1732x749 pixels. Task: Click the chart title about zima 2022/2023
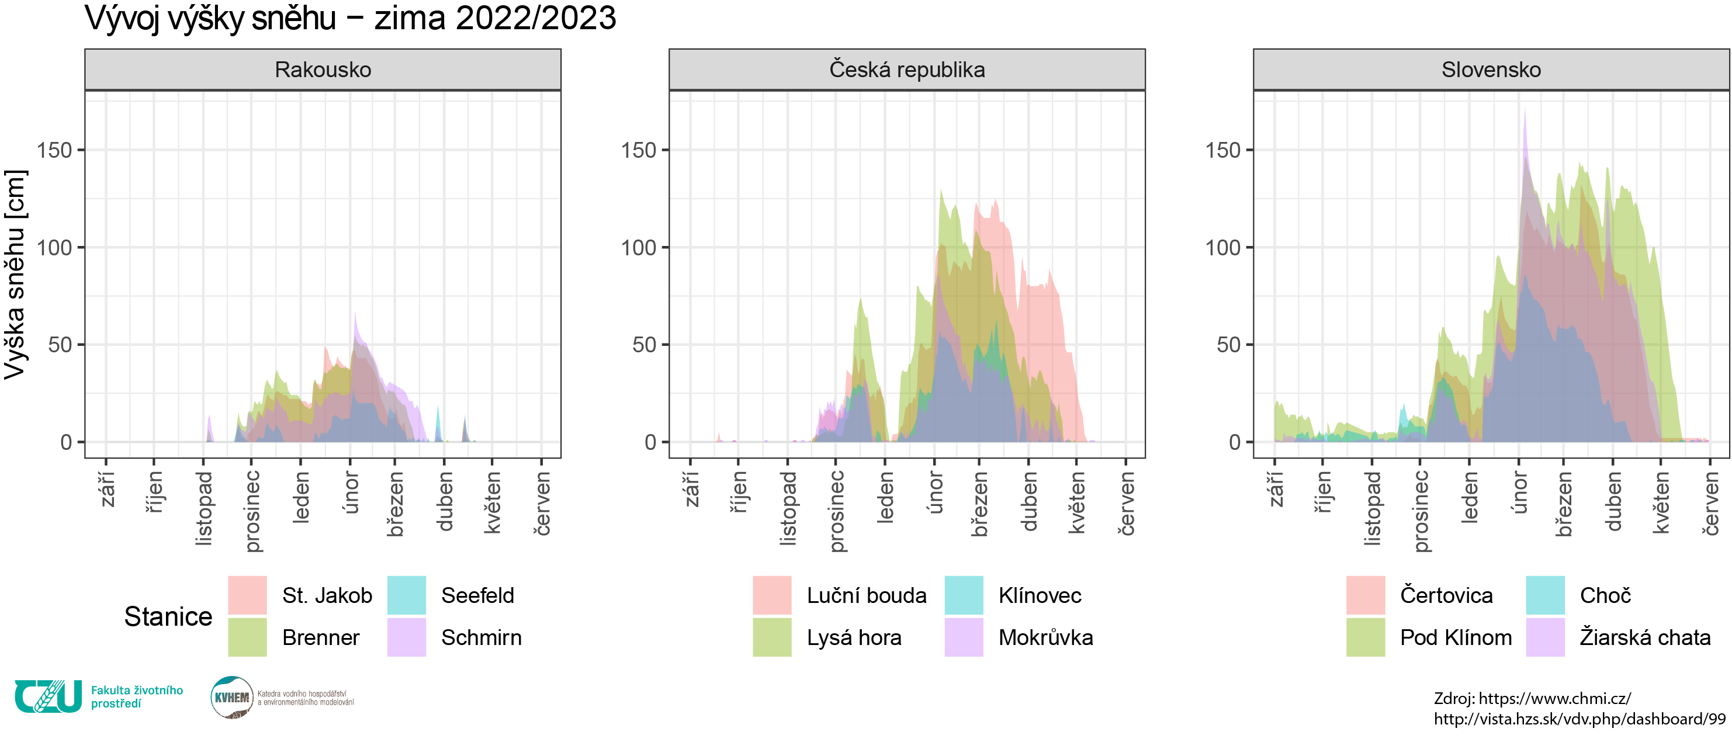coord(349,18)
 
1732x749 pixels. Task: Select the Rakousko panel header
coord(323,70)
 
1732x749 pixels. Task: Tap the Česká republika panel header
coord(906,70)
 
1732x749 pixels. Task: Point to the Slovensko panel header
coord(1491,70)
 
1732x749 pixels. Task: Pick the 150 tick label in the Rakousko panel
coord(54,150)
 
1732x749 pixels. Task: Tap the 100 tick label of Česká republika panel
coord(638,247)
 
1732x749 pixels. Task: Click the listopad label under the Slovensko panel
coord(1371,508)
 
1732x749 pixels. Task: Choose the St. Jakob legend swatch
coord(247,595)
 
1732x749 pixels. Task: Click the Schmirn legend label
coord(481,637)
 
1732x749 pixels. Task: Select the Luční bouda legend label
coord(866,595)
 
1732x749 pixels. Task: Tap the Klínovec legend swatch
coord(964,595)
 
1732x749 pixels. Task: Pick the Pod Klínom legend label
coord(1456,637)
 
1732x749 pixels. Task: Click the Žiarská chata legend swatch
coord(1545,637)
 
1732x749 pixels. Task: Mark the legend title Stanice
coord(168,616)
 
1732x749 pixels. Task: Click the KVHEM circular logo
coord(231,697)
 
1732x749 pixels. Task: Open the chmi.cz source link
coord(1554,699)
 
